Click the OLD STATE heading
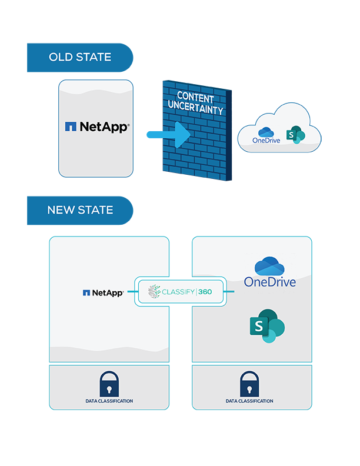point(80,57)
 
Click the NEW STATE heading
point(80,210)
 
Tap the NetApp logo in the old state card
point(96,126)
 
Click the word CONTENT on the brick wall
point(196,98)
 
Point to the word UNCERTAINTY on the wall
point(196,110)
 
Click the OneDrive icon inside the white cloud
point(265,131)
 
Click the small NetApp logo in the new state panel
point(103,292)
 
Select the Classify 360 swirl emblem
point(154,291)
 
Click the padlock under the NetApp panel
point(109,384)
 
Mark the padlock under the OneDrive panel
point(249,384)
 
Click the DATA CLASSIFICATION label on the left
point(109,401)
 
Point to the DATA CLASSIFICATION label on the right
point(249,401)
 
